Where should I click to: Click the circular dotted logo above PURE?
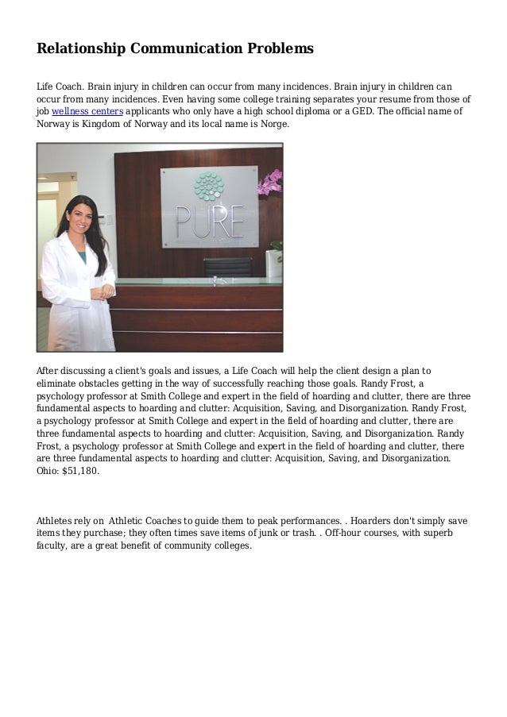pos(208,186)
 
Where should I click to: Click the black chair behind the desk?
pos(228,268)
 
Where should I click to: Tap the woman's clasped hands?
pos(101,292)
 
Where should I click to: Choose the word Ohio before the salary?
pos(48,471)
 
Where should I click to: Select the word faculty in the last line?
pos(52,546)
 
